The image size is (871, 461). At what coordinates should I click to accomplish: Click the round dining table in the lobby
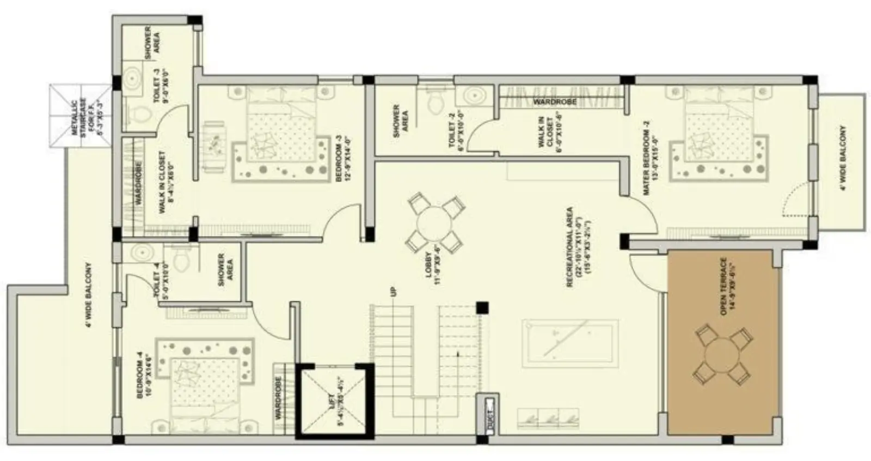(435, 223)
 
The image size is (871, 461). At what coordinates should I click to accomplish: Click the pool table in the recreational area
(570, 343)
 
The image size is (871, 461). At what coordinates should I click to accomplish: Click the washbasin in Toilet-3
(132, 80)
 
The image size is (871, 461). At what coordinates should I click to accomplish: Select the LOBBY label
(433, 264)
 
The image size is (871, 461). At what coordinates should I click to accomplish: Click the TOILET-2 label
(455, 134)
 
